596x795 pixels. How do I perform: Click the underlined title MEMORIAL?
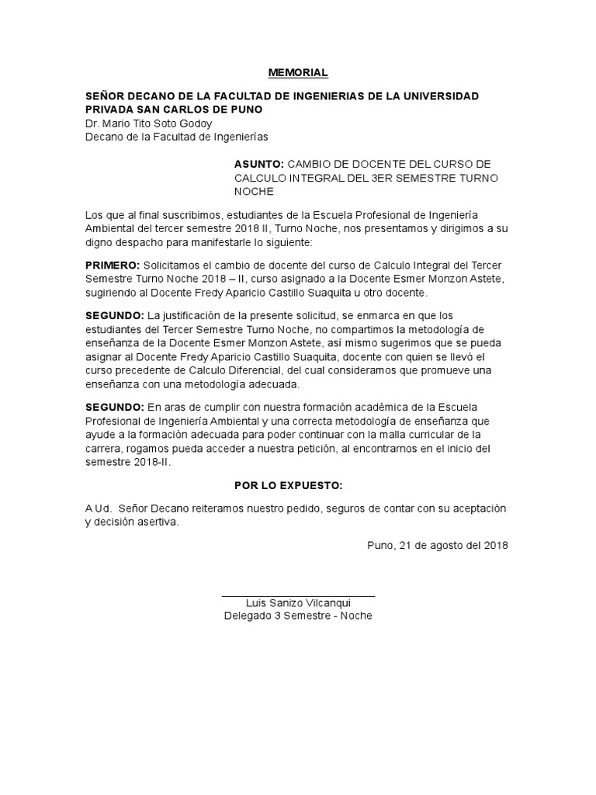[298, 73]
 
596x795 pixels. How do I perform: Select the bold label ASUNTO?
[259, 165]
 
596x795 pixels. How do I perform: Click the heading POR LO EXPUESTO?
[288, 485]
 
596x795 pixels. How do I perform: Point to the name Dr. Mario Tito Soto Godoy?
[147, 123]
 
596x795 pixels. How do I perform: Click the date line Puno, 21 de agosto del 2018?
[438, 544]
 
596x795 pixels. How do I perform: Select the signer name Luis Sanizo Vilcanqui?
[298, 602]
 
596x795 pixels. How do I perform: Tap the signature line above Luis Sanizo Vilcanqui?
[298, 595]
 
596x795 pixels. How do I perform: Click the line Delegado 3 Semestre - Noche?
[298, 616]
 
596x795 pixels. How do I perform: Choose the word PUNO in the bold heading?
[248, 109]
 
